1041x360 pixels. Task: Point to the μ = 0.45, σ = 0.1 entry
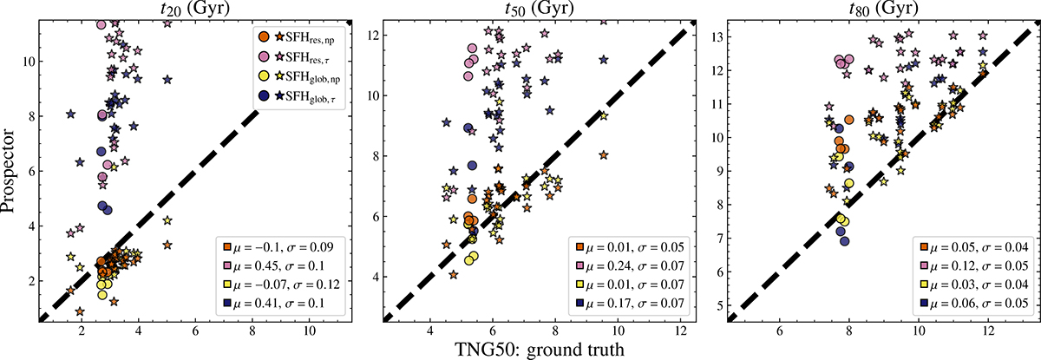click(x=286, y=264)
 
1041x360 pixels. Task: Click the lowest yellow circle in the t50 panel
click(x=469, y=259)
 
